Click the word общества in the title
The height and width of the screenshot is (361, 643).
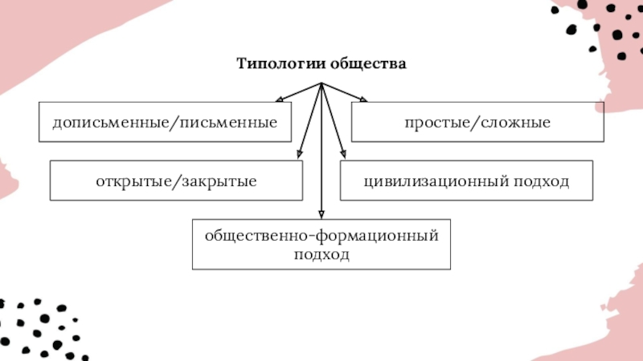[368, 64]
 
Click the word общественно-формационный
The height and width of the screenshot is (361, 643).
[322, 236]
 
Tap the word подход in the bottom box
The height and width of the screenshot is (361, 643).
[322, 254]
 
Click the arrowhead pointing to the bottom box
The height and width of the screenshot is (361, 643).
[321, 214]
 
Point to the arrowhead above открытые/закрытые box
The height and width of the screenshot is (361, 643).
[300, 154]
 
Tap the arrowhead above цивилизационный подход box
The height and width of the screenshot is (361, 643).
[343, 154]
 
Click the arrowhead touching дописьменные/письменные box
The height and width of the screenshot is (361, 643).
[280, 99]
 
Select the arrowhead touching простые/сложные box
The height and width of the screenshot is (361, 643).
[363, 99]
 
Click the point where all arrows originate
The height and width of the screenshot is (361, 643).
[321, 83]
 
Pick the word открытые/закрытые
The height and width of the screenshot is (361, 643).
[176, 181]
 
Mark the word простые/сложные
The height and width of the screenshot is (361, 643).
[477, 123]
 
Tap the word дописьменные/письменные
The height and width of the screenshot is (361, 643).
[166, 123]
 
